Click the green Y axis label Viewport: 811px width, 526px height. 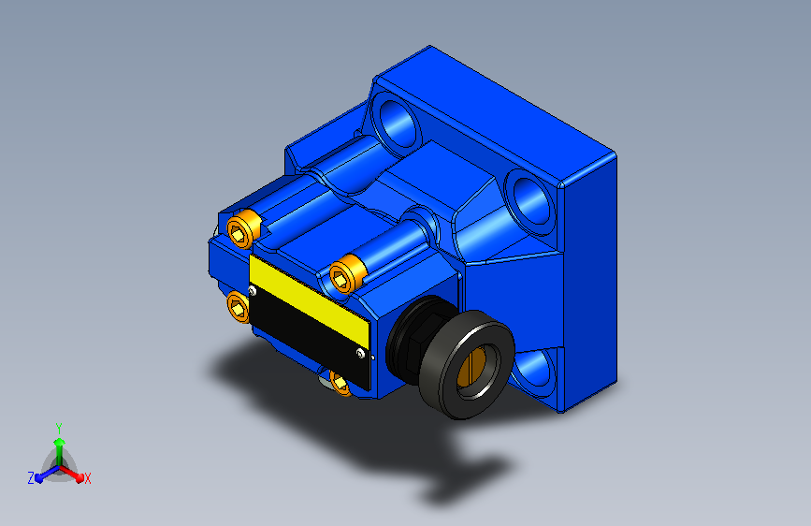click(x=59, y=429)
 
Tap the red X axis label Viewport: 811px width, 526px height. click(x=87, y=479)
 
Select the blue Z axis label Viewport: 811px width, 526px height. click(x=31, y=478)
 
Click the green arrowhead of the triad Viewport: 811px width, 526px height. click(x=60, y=442)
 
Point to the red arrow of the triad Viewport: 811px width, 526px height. click(x=71, y=474)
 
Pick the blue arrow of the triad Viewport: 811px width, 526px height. click(x=48, y=474)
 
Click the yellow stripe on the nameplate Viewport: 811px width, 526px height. click(x=310, y=300)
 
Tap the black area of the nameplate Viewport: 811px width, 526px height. click(x=310, y=337)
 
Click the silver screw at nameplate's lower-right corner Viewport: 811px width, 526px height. click(x=360, y=353)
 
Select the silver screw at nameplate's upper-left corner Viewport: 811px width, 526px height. click(x=252, y=291)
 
